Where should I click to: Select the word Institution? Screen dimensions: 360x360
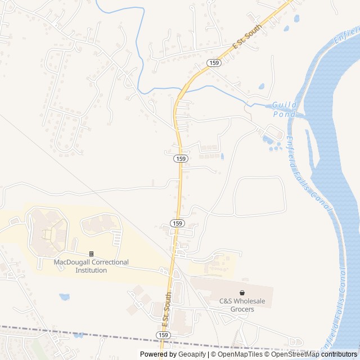pos(91,270)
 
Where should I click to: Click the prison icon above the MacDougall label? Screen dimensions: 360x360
pos(91,254)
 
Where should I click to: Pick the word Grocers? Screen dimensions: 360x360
pos(242,309)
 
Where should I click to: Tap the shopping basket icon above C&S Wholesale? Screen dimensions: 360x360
pos(242,293)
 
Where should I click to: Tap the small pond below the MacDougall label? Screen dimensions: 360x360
pos(64,296)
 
